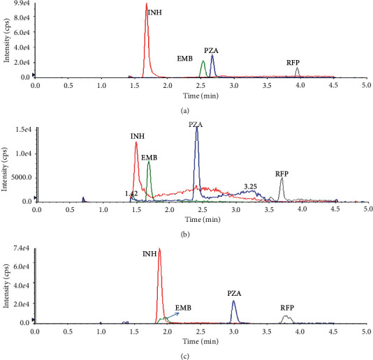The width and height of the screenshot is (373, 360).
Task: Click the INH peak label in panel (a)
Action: pyautogui.click(x=155, y=12)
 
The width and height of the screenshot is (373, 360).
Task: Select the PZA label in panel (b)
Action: pyautogui.click(x=196, y=124)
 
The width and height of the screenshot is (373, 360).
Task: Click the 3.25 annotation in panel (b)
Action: pyautogui.click(x=251, y=186)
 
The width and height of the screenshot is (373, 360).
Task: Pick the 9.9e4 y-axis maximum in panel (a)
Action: pyautogui.click(x=22, y=5)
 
